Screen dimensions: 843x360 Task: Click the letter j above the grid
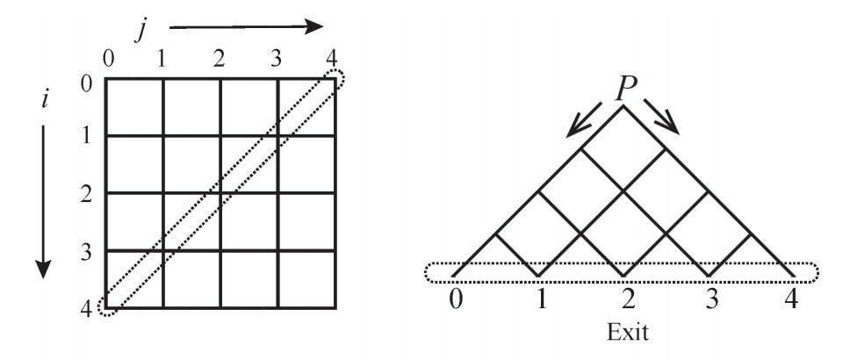pyautogui.click(x=140, y=32)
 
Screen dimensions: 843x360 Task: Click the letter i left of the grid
pyautogui.click(x=45, y=100)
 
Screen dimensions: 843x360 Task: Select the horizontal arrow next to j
pyautogui.click(x=246, y=26)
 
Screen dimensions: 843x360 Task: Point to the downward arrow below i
pyautogui.click(x=44, y=201)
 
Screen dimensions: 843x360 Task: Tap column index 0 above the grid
pyautogui.click(x=109, y=59)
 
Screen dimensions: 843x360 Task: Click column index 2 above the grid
pyautogui.click(x=219, y=59)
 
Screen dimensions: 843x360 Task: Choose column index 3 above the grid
pyautogui.click(x=276, y=59)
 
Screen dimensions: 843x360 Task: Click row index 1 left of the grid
pyautogui.click(x=86, y=136)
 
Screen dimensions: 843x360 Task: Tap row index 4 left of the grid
pyautogui.click(x=86, y=309)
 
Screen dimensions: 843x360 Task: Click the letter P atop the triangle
pyautogui.click(x=623, y=89)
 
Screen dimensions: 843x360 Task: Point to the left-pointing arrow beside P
pyautogui.click(x=585, y=119)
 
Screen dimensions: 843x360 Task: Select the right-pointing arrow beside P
pyautogui.click(x=662, y=116)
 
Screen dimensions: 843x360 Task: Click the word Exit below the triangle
pyautogui.click(x=627, y=332)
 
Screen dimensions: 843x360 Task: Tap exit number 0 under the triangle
pyautogui.click(x=456, y=299)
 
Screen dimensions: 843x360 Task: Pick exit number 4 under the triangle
pyautogui.click(x=791, y=299)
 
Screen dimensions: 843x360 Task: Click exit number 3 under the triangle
pyautogui.click(x=712, y=299)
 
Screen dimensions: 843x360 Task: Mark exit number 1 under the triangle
pyautogui.click(x=542, y=299)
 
